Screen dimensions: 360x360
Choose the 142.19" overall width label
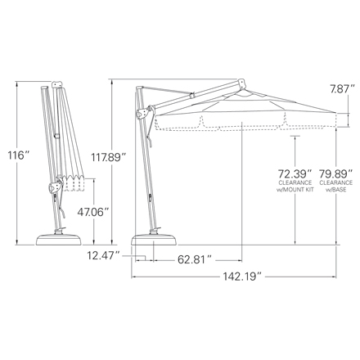point(241,277)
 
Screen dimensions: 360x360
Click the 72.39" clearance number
point(295,173)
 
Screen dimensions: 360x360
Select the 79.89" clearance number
point(336,173)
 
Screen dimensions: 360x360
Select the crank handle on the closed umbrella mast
point(55,190)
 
